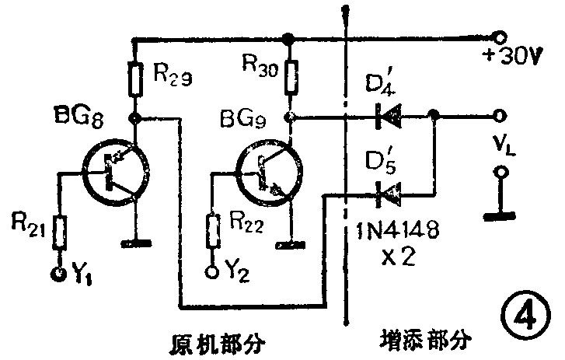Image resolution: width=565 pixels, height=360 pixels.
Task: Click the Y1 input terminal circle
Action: pos(58,273)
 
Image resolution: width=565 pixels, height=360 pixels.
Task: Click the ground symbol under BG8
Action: pos(137,243)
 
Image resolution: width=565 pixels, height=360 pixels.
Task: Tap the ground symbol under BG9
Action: pos(291,246)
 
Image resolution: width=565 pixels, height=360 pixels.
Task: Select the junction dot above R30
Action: pos(289,37)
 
